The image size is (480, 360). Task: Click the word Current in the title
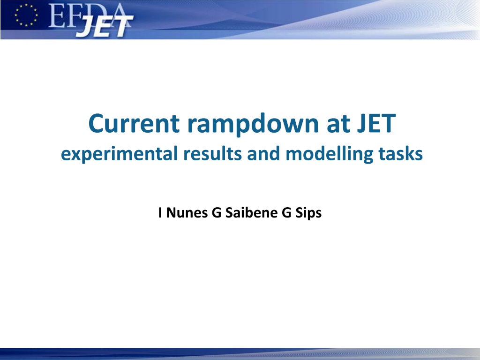click(134, 123)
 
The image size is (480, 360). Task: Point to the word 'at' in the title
click(338, 124)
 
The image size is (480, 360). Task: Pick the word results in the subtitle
click(212, 153)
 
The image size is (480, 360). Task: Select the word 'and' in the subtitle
click(263, 153)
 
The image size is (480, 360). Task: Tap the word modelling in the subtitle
click(329, 154)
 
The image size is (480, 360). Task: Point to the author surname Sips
click(308, 213)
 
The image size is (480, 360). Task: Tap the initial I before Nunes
click(160, 213)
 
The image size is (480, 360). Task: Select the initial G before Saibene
click(217, 213)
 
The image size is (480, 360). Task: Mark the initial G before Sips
click(286, 213)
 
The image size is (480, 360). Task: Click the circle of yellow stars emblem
click(26, 15)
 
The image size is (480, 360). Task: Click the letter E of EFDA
click(56, 16)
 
